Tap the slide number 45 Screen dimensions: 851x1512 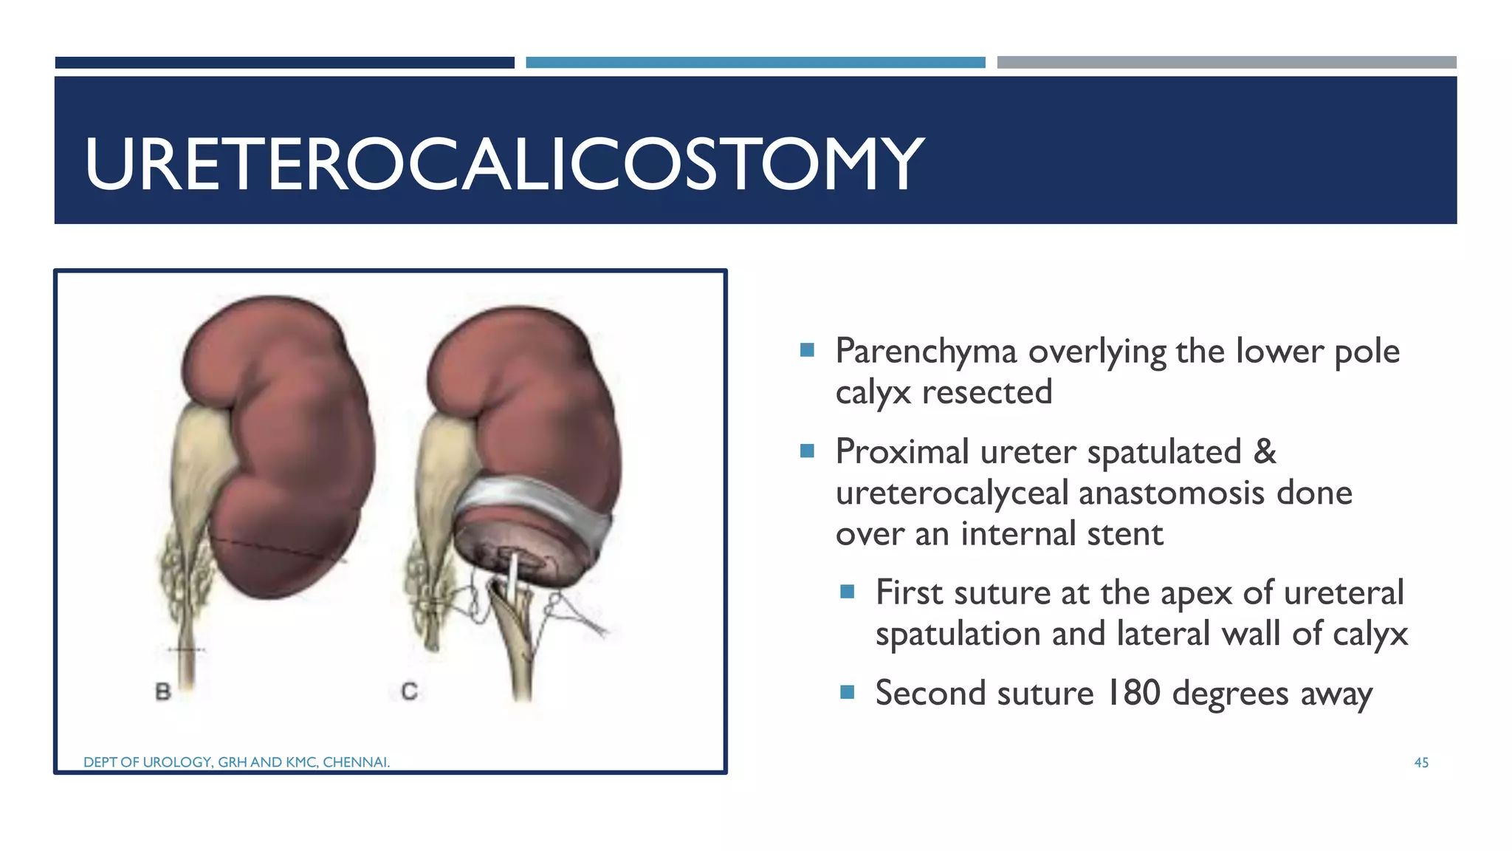(1420, 762)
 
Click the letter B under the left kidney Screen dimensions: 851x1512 (163, 692)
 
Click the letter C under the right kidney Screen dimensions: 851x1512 (409, 691)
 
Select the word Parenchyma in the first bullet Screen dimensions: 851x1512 (926, 352)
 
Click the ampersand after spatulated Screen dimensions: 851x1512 (1265, 451)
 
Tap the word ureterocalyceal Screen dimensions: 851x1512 (952, 493)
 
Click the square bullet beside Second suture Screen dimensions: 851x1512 (847, 692)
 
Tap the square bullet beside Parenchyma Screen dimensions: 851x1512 (807, 349)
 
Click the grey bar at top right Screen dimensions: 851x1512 (1226, 63)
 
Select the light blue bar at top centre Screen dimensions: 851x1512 (755, 63)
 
